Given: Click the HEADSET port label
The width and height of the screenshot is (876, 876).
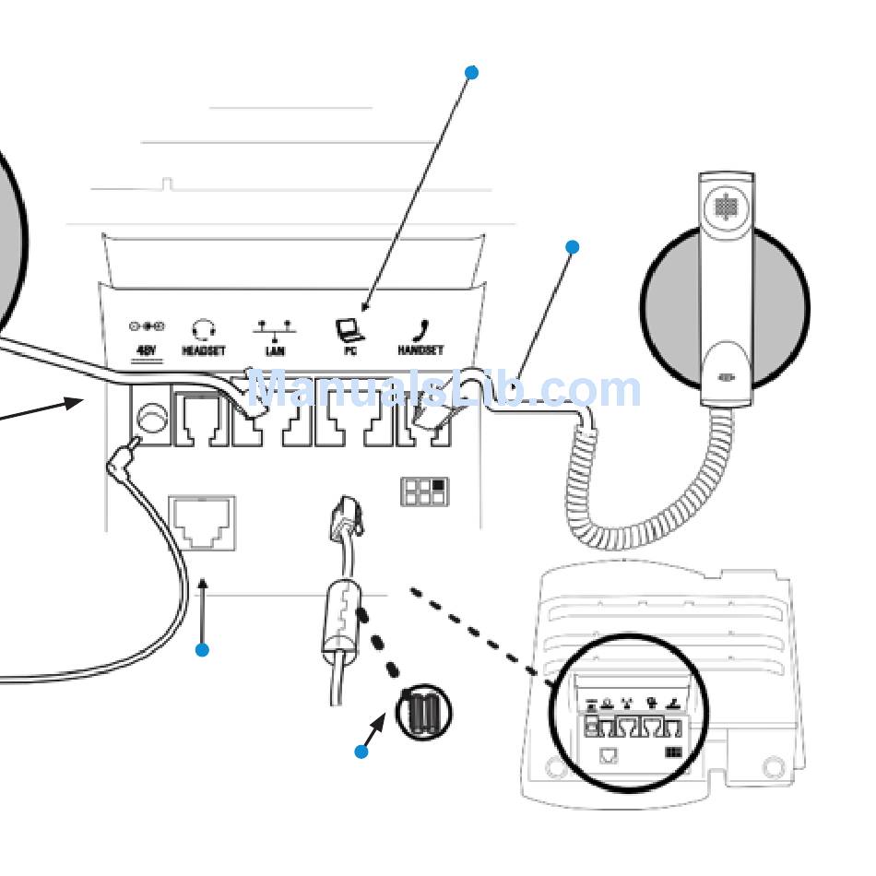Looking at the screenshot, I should click(204, 351).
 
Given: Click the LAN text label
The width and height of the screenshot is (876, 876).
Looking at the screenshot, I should click(275, 351).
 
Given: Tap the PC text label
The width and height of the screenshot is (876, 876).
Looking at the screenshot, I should click(350, 351).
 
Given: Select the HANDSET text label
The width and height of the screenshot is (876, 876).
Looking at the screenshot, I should click(420, 351).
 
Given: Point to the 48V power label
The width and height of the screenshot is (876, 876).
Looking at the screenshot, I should click(147, 351).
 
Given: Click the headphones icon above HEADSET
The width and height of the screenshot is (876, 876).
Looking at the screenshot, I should click(204, 329).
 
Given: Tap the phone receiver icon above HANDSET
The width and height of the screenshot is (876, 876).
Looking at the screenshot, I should click(423, 329).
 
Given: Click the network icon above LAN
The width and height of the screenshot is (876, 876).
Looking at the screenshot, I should click(275, 328).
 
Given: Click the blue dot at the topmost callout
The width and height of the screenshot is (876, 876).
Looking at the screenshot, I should click(472, 72).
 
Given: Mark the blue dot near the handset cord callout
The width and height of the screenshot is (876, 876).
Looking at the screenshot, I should click(573, 247).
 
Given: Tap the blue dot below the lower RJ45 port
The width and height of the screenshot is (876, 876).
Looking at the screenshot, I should click(203, 650).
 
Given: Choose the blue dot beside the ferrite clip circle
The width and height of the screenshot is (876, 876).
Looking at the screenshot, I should click(361, 752).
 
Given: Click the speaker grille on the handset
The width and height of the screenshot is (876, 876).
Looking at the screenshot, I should click(726, 207).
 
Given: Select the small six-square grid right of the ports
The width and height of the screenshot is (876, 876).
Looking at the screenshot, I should click(423, 491).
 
